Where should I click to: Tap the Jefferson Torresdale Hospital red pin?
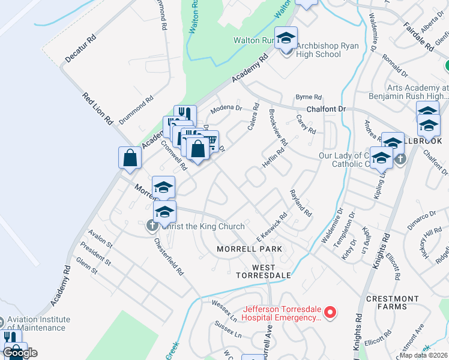point(329,312)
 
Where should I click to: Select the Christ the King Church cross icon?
point(151,226)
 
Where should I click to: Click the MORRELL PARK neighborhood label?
point(249,248)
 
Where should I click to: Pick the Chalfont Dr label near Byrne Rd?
point(327,109)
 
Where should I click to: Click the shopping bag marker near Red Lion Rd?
point(130,158)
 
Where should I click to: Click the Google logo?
point(20,353)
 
